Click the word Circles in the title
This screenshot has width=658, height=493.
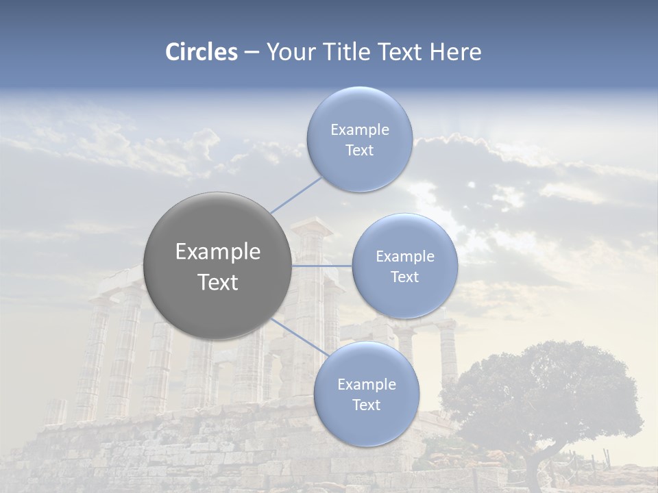coord(202,52)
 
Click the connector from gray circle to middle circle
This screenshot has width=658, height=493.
coord(321,266)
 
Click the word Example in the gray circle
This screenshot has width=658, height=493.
coord(218,252)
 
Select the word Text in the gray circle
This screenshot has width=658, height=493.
coord(218,282)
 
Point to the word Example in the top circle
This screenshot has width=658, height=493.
coord(360,130)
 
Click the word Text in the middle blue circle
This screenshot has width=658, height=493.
coord(405,277)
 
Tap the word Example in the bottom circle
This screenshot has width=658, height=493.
coord(367,385)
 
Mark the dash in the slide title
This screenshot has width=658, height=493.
coord(252,53)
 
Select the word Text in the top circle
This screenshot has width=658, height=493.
coord(360,151)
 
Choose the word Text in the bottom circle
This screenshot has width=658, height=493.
coord(367,405)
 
